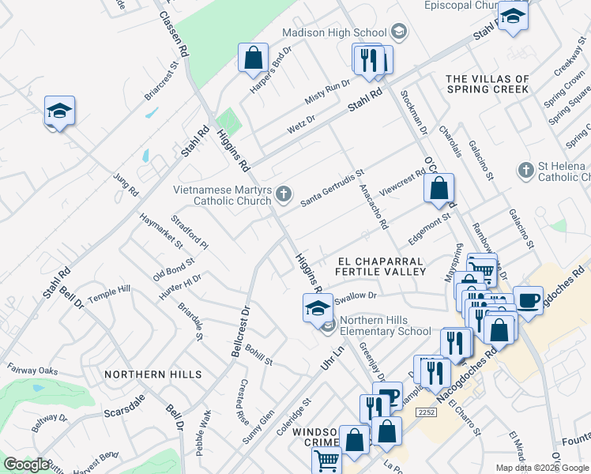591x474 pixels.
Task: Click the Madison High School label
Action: pos(337,32)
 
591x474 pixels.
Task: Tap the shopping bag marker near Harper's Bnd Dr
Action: pos(253,58)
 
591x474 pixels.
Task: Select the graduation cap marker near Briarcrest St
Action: pos(59,111)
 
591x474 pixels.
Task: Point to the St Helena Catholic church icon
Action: pos(524,170)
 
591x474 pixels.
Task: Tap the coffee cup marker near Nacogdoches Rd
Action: pos(528,301)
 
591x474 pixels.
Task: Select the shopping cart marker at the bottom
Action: pos(326,461)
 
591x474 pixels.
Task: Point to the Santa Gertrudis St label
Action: pos(332,189)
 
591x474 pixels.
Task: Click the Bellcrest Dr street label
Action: pos(239,331)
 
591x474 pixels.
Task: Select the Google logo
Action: pos(26,465)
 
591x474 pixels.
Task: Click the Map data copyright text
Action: pos(541,468)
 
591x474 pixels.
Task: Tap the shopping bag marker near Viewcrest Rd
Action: pos(439,189)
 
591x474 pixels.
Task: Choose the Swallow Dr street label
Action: pos(357,295)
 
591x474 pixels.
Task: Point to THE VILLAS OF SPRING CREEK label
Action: pos(487,85)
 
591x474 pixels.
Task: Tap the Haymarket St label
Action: pos(161,229)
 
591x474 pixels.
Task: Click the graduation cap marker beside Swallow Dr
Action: pos(318,307)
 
